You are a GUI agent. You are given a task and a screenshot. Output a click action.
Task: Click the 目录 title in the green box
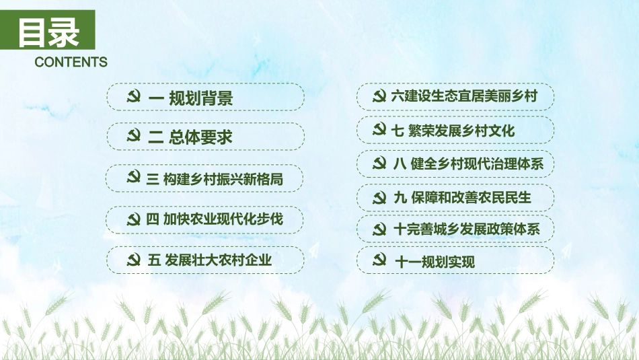[x=48, y=32]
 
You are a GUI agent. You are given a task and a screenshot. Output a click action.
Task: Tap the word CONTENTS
[x=71, y=63]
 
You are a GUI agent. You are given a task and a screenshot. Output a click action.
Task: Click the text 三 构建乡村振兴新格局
[x=214, y=179]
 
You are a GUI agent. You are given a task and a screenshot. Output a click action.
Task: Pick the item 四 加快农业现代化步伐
[x=214, y=219]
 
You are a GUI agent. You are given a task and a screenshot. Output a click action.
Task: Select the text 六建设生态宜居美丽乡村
[x=464, y=96]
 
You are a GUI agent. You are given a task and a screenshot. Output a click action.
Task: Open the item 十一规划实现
[x=434, y=262]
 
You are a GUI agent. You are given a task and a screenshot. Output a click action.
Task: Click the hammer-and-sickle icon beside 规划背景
[x=133, y=97]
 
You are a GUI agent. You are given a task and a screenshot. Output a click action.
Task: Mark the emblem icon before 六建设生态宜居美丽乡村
[x=379, y=96]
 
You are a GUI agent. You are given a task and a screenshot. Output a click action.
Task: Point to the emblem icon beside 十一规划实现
[x=379, y=260]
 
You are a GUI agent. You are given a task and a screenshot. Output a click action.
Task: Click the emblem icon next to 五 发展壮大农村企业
[x=133, y=259]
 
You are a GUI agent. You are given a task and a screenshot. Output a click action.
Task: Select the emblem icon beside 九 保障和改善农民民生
[x=379, y=197]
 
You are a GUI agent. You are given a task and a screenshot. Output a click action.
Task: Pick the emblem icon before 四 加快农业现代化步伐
[x=133, y=219]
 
